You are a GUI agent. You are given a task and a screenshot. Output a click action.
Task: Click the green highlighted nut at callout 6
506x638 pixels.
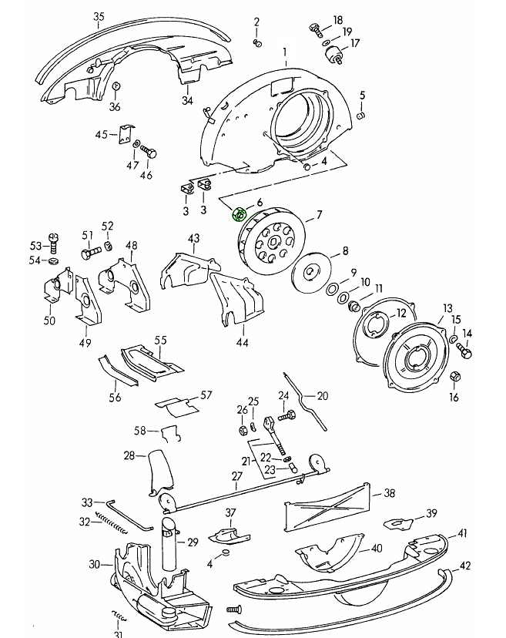240,216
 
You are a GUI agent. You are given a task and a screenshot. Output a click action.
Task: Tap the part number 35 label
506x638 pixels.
99,17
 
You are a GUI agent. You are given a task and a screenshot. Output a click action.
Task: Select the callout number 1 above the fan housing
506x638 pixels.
284,52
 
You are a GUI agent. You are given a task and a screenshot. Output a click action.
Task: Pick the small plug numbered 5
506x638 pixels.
361,115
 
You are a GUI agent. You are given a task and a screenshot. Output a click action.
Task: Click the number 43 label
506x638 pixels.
193,238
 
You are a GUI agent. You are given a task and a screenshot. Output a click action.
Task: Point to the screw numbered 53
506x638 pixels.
53,244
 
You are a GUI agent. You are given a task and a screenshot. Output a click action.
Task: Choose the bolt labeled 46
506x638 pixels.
149,153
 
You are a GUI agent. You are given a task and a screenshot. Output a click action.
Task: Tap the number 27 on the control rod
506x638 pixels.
237,476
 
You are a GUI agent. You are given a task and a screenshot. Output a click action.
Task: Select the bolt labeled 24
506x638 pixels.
288,416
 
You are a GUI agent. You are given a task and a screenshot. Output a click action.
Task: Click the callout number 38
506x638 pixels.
389,493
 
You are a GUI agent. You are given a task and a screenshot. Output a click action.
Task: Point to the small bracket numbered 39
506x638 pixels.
397,522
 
